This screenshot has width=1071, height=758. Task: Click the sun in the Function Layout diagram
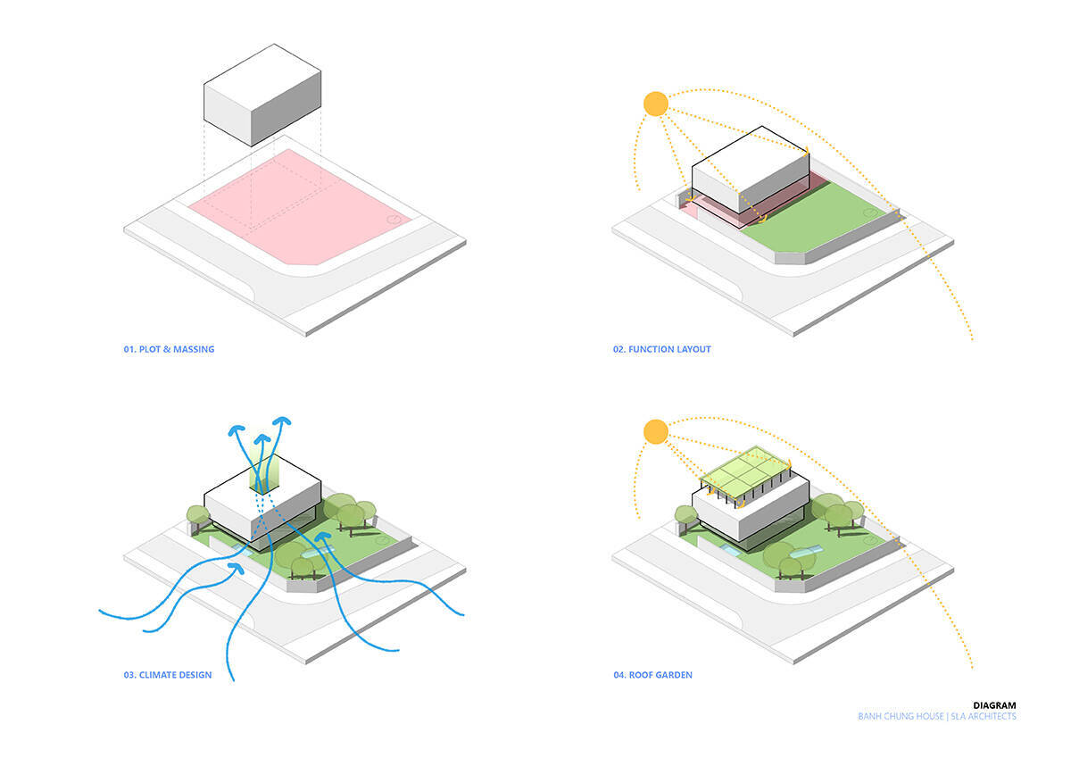tap(655, 104)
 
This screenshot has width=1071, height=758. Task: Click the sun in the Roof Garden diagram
tap(655, 431)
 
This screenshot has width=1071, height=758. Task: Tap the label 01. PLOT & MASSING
tap(169, 349)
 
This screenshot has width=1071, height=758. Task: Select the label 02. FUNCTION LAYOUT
tap(661, 349)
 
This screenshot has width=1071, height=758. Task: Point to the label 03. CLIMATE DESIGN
tap(168, 675)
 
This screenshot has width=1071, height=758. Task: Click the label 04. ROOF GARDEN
tap(652, 675)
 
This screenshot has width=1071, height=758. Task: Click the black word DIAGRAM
tap(994, 705)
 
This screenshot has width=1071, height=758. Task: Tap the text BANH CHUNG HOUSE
tap(901, 716)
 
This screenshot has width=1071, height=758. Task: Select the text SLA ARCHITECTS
tap(984, 716)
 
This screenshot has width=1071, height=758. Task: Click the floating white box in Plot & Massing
tap(262, 95)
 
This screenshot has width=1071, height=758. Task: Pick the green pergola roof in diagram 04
tap(745, 471)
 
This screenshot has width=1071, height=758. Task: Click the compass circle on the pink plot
tap(394, 219)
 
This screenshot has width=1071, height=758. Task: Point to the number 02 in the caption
tap(619, 349)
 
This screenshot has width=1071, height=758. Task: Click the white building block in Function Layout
tap(751, 170)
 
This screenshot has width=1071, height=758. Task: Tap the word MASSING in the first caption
tap(194, 349)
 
